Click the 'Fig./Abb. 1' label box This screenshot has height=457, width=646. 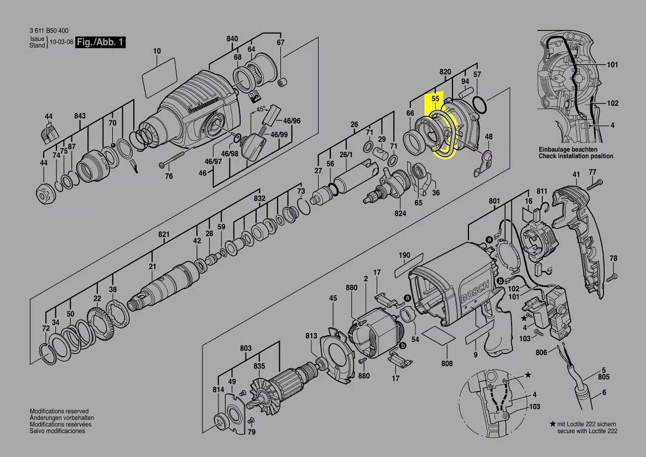coord(101,42)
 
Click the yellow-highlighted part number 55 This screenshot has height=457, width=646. coord(435,98)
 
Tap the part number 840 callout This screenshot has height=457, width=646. coord(232,39)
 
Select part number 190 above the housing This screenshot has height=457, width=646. coord(405,255)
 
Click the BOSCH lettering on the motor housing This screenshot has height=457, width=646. coord(474,293)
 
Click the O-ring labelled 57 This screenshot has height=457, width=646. coord(481,104)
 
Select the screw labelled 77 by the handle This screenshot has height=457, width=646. coord(590,186)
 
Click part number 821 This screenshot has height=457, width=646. coord(164,235)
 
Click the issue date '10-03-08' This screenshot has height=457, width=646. coord(61,42)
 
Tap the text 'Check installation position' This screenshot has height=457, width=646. coord(576,156)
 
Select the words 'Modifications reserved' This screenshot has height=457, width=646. coord(59,412)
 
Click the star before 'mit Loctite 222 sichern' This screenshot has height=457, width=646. coord(553,424)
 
